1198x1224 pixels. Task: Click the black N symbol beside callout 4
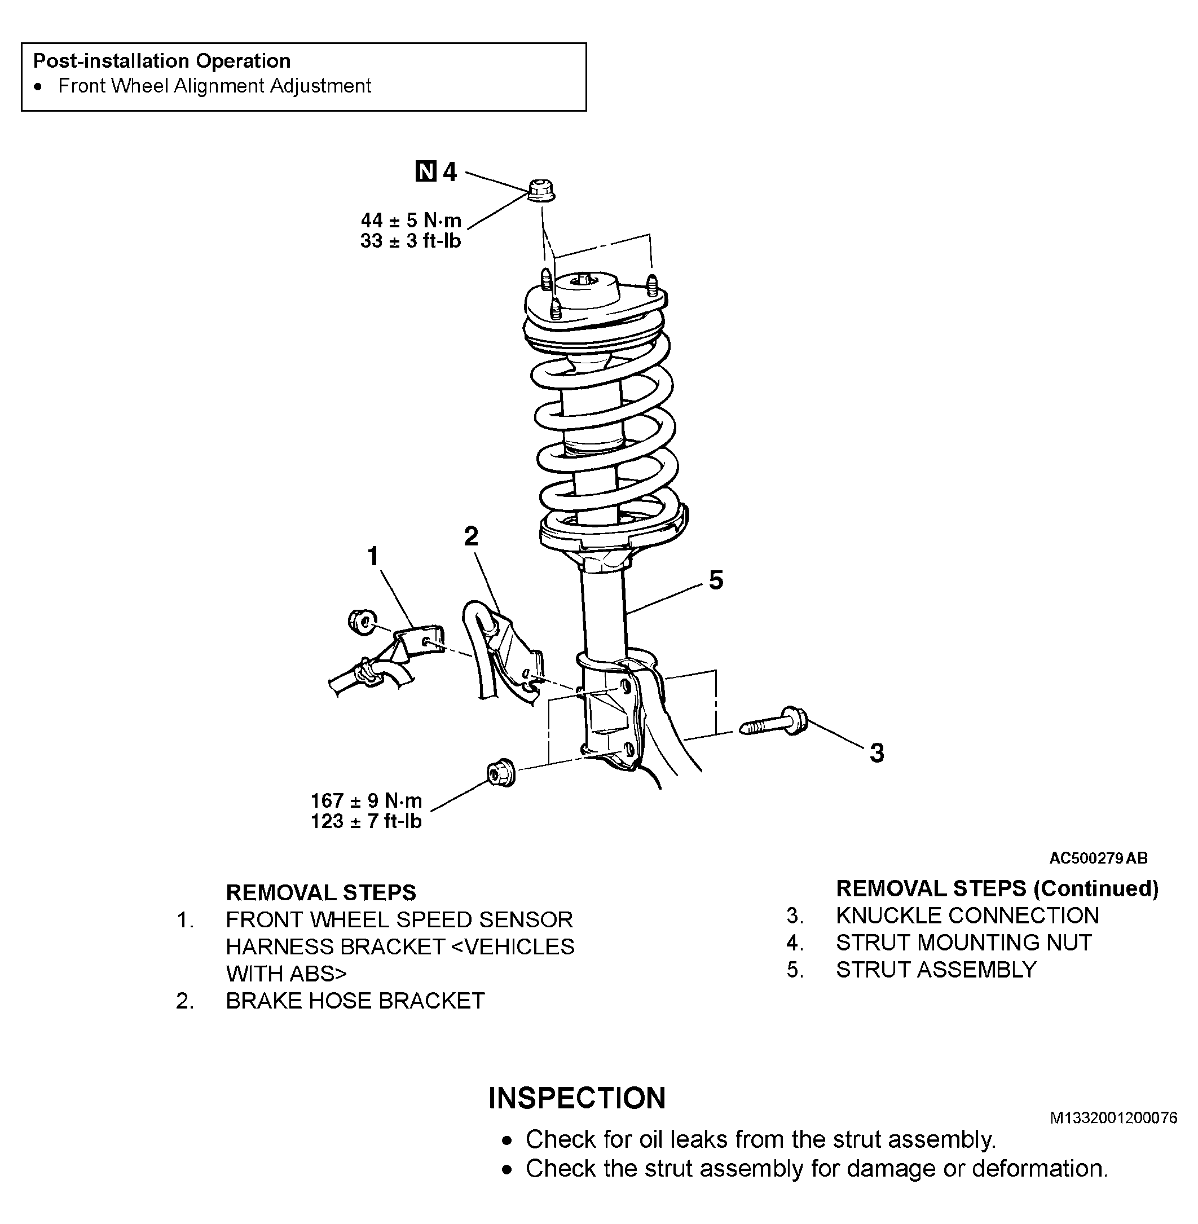tap(426, 171)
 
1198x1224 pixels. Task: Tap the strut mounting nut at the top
tap(540, 191)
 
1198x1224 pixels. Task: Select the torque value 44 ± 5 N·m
tap(411, 220)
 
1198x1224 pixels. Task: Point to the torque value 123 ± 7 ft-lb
tap(366, 821)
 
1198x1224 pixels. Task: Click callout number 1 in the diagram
tap(373, 556)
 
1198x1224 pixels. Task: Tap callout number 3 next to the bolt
tap(877, 752)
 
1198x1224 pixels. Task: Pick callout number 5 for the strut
tap(716, 580)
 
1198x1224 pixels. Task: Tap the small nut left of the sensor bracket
tap(362, 622)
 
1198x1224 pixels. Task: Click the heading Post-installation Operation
tap(162, 61)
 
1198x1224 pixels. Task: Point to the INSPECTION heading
tap(577, 1098)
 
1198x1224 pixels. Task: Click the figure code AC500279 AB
tap(1099, 858)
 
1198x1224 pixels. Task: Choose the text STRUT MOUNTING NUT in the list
tap(964, 942)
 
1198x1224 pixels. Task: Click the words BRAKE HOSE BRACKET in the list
tap(355, 1001)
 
